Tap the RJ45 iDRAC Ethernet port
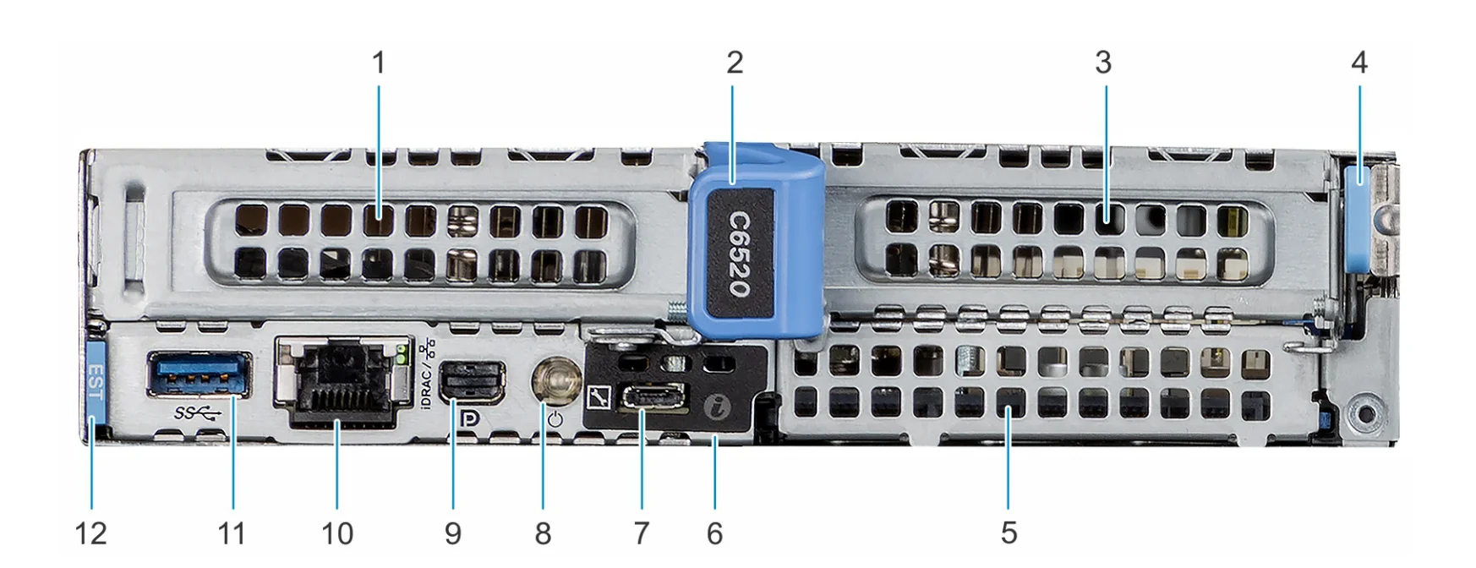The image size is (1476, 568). coord(336,379)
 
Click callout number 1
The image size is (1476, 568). coord(379,63)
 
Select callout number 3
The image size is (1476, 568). coord(1102,63)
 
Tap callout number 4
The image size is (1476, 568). coord(1358,63)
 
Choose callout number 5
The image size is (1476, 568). coord(1009,533)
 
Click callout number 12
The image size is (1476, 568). coord(90,533)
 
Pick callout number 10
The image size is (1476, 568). coord(336,533)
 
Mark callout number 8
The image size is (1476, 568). coord(543,533)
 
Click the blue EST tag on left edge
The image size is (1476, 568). coord(94,380)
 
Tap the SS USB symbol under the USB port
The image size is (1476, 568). coord(198,413)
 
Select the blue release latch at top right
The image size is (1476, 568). coord(1358,219)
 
